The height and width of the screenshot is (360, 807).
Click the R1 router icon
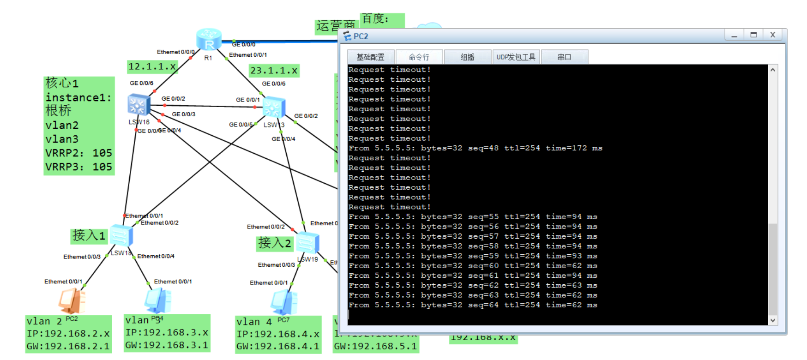[x=209, y=40]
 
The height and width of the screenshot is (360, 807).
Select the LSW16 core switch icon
[x=139, y=105]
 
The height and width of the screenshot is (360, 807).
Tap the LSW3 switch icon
[x=273, y=108]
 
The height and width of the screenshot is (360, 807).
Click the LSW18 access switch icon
[x=121, y=236]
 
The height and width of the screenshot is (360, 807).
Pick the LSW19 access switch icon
[x=307, y=243]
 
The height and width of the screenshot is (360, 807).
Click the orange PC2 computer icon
[x=72, y=300]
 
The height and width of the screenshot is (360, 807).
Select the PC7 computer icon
[x=283, y=302]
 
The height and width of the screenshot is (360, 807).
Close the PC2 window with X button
[x=772, y=35]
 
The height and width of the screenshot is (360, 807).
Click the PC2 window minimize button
[x=734, y=35]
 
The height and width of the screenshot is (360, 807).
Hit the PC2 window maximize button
[x=753, y=35]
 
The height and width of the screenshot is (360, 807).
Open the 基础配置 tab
[x=370, y=57]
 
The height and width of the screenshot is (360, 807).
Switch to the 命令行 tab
[x=419, y=57]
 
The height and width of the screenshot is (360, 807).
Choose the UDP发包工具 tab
[x=516, y=57]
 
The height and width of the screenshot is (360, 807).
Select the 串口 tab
[x=564, y=57]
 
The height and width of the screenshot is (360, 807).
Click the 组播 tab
[x=467, y=57]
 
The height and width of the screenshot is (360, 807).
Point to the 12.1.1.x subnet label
[x=152, y=66]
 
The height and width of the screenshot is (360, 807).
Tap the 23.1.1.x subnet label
[x=274, y=71]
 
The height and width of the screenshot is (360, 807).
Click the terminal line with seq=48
[x=475, y=148]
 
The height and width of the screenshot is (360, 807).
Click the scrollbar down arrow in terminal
[x=772, y=320]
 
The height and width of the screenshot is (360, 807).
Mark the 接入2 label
[x=275, y=243]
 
